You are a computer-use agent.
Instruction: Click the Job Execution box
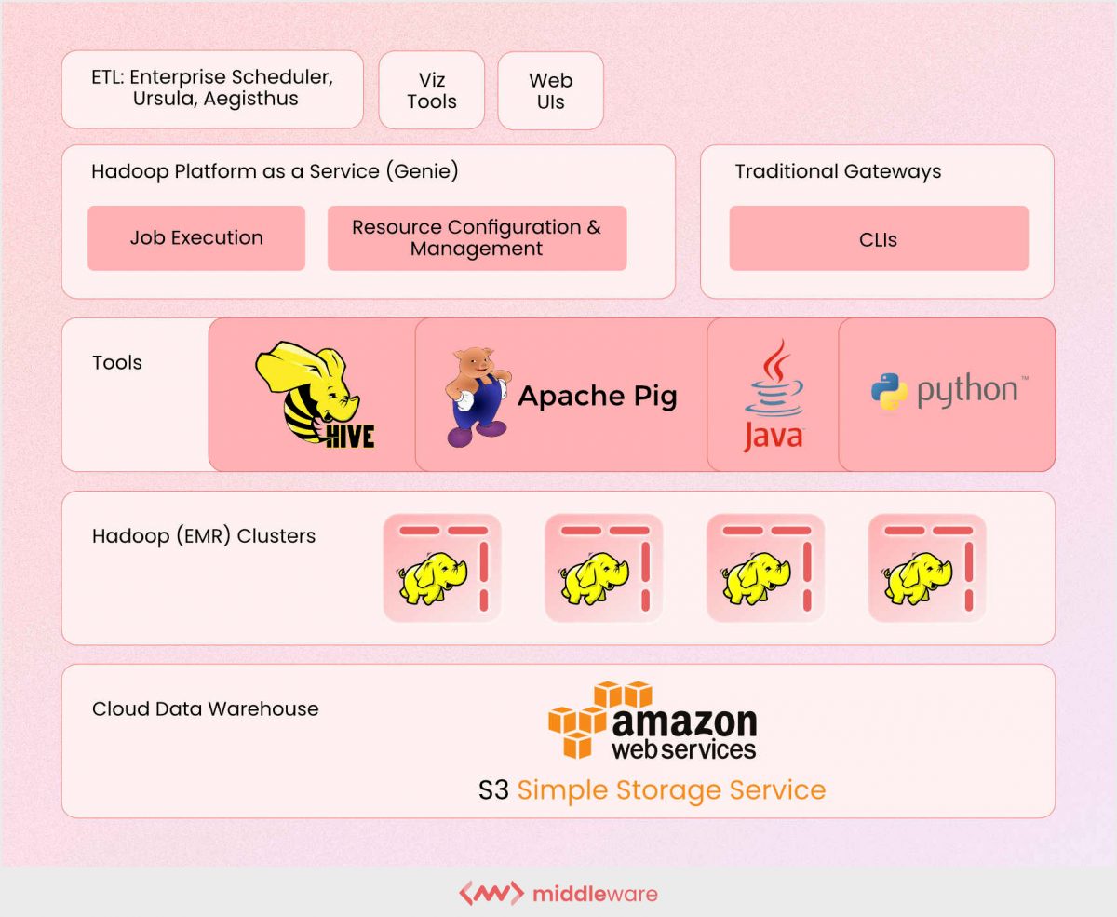196,238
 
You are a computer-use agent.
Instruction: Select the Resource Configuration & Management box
477,238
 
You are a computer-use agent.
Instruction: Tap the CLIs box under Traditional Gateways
878,239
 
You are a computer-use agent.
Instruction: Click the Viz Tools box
432,90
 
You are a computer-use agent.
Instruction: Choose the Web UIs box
550,90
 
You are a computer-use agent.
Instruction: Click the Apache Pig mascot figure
478,397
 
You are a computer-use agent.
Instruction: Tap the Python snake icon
889,391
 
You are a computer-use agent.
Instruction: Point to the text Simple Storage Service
671,790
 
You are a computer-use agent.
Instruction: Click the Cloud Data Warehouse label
205,708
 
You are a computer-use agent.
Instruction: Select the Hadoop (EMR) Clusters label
203,536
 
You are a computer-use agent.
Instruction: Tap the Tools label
117,363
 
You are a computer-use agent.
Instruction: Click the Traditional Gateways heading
838,171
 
